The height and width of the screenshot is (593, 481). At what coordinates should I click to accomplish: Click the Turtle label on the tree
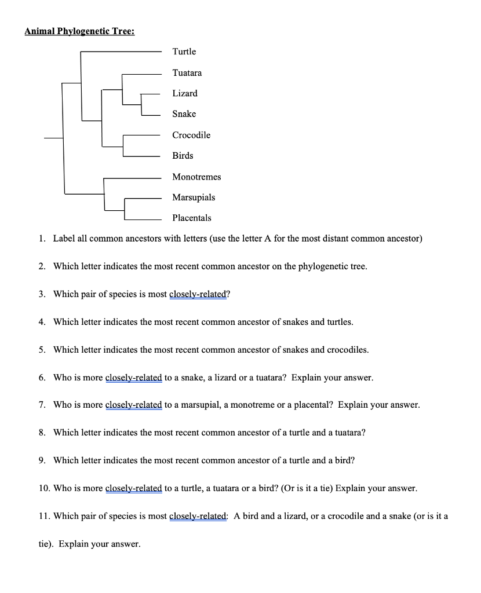(x=184, y=52)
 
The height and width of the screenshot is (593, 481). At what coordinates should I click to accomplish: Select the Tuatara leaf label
(x=187, y=72)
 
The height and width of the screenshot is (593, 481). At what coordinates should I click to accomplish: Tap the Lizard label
(x=184, y=93)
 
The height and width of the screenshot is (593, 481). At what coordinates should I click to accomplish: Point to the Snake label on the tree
(x=184, y=114)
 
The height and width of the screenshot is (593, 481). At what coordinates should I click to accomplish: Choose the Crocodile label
(x=191, y=135)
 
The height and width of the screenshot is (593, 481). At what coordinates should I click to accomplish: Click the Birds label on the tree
(x=183, y=156)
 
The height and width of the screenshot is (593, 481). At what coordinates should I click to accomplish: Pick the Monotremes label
(x=196, y=177)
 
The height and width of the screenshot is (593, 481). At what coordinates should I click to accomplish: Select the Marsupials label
(x=194, y=197)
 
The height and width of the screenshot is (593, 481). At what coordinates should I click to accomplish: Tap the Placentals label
(x=191, y=218)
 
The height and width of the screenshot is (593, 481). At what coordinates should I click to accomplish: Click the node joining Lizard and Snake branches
(x=141, y=104)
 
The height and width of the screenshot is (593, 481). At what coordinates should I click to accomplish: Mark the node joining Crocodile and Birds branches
(x=123, y=146)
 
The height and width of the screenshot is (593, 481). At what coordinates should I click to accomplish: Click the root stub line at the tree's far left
(x=53, y=138)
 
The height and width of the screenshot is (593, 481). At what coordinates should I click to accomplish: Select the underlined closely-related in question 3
(x=197, y=294)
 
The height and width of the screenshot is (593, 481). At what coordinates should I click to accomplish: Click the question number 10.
(x=44, y=488)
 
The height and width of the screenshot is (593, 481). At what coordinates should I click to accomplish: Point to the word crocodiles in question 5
(x=347, y=350)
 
